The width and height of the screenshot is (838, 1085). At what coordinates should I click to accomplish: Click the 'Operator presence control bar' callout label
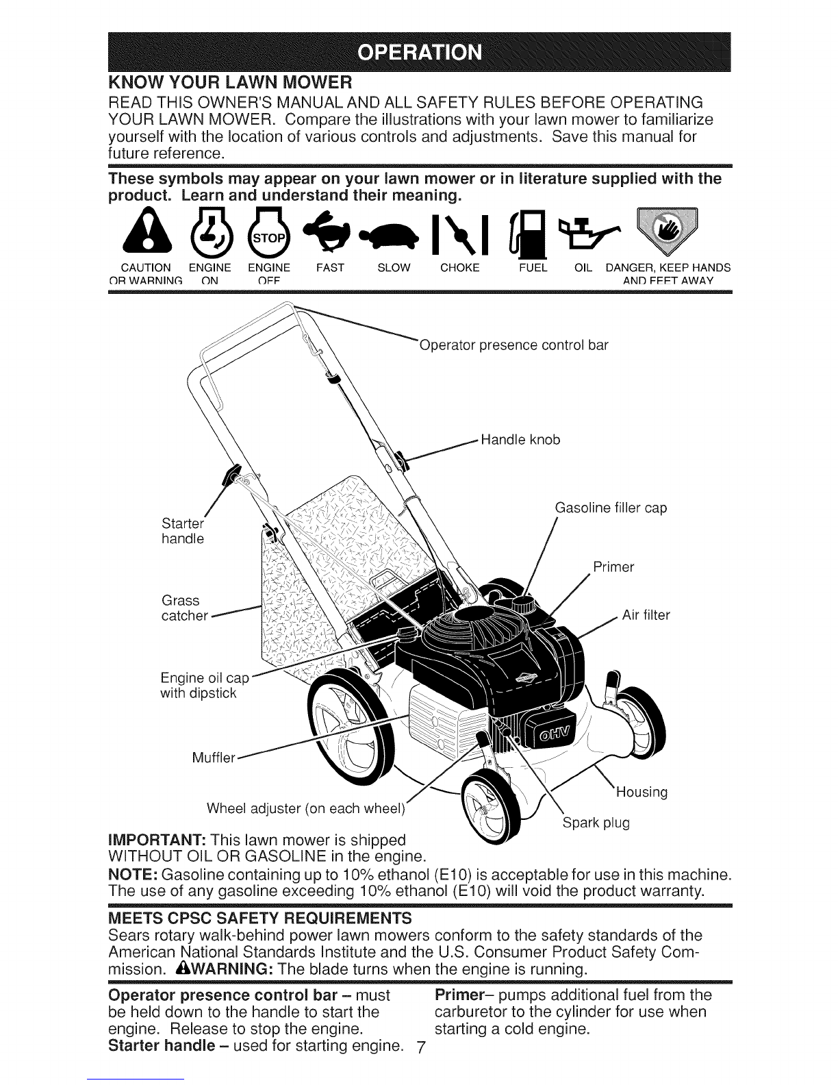click(x=513, y=345)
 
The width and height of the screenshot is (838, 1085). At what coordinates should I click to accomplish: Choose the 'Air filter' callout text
click(x=646, y=615)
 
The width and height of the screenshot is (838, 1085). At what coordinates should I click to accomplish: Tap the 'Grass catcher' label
click(x=183, y=608)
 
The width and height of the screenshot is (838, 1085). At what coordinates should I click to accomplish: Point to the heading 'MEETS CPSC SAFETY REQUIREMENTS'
click(x=261, y=917)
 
